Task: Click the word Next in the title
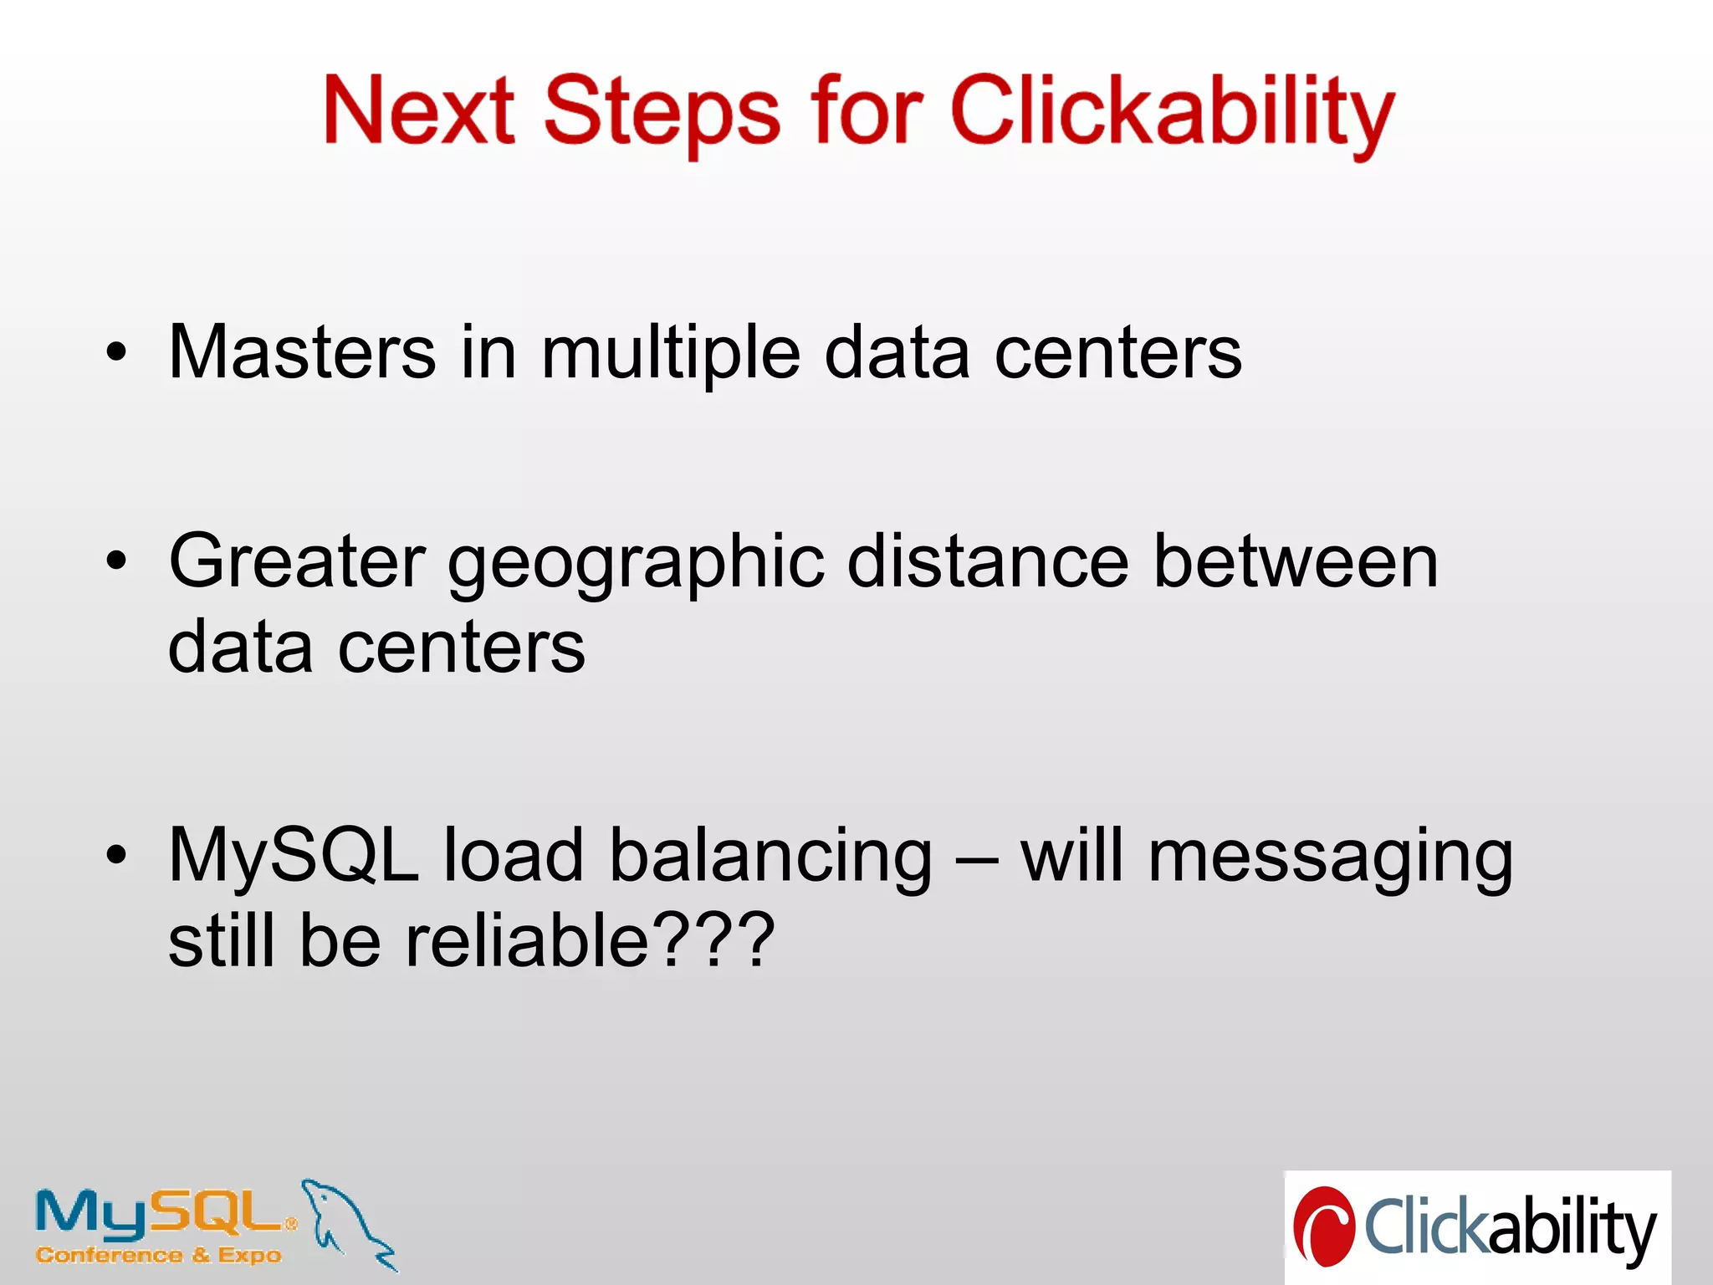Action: tap(418, 110)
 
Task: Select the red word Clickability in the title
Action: tap(1171, 113)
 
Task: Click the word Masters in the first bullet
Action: tap(302, 352)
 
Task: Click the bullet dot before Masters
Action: tap(116, 352)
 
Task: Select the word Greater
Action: tap(297, 561)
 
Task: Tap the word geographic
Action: tap(637, 565)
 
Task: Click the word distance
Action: tap(988, 561)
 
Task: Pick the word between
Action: tap(1296, 561)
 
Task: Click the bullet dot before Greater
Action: tap(116, 561)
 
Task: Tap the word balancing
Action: tap(770, 858)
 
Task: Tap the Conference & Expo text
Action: tap(159, 1255)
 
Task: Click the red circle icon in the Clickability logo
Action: tap(1323, 1226)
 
